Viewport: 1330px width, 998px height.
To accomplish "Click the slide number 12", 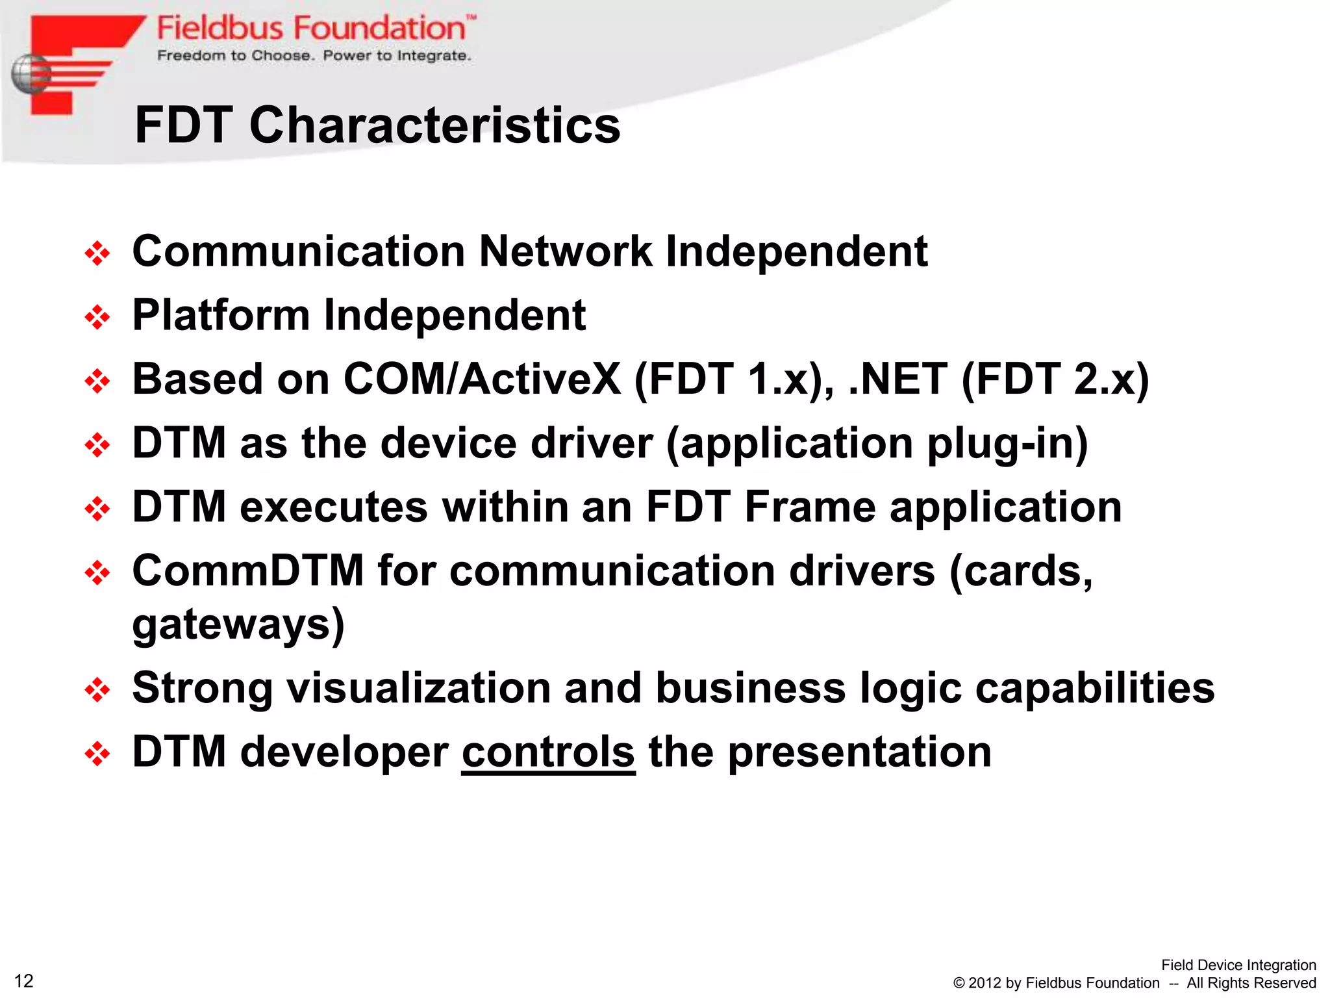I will (x=23, y=980).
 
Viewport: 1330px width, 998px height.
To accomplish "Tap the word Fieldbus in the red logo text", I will (x=220, y=29).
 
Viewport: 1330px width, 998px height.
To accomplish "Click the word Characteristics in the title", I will (x=434, y=125).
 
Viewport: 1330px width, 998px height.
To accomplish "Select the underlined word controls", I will (x=548, y=752).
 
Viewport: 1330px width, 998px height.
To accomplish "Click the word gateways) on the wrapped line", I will (x=238, y=624).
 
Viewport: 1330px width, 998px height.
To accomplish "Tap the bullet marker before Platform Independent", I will (x=97, y=317).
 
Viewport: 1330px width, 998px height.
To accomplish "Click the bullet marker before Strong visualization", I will (x=97, y=689).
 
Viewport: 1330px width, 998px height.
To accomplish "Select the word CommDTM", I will (x=247, y=571).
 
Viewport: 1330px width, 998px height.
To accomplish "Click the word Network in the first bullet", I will (x=565, y=251).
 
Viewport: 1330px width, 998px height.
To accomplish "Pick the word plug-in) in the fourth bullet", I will (x=1007, y=444).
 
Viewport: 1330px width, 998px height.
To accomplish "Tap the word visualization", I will (x=419, y=688).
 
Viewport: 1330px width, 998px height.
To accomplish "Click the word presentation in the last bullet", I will (x=859, y=752).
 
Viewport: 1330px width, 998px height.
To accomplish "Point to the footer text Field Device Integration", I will (x=1238, y=965).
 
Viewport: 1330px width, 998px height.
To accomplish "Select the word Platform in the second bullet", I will (x=221, y=315).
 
